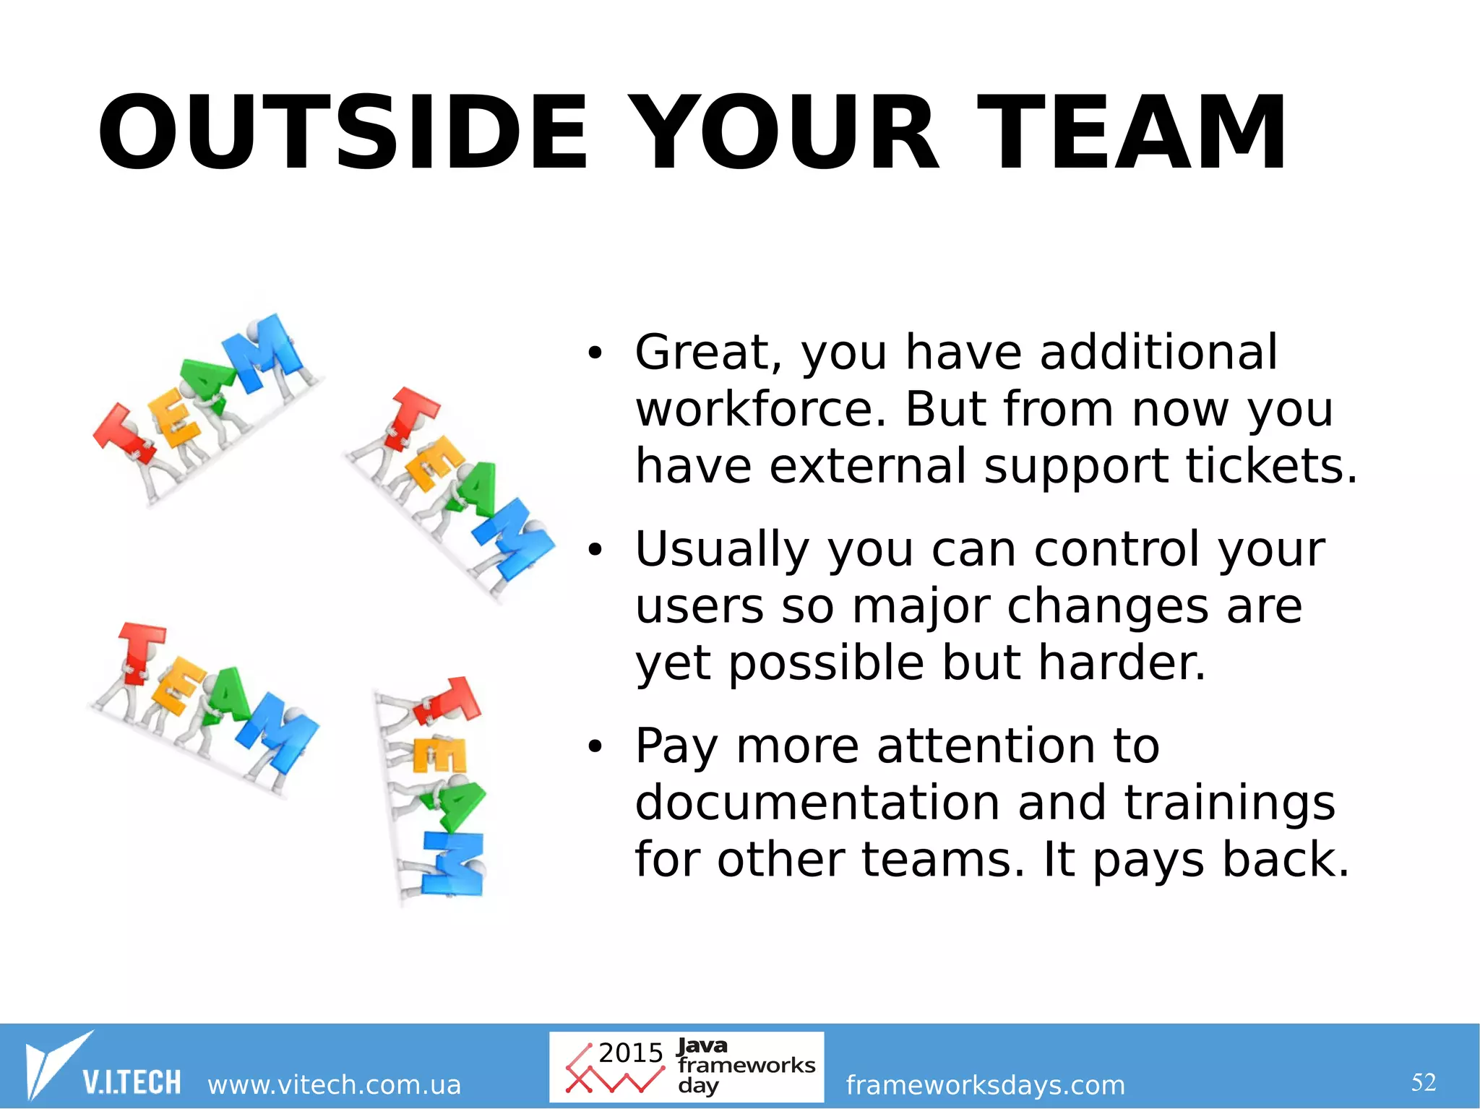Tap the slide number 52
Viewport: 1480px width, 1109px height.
[x=1423, y=1082]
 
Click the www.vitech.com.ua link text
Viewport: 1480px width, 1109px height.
[x=334, y=1085]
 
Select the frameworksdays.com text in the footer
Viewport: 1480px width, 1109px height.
[x=985, y=1085]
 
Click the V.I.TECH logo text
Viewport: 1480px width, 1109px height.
[x=132, y=1082]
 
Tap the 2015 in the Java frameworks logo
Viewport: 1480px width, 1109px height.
[x=630, y=1053]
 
